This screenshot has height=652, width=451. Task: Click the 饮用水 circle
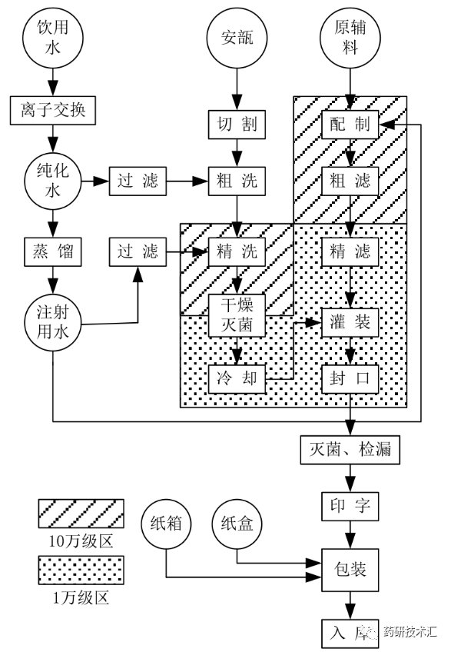pos(53,38)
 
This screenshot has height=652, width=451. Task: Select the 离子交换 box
pos(53,111)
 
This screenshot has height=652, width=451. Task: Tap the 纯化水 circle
pos(53,181)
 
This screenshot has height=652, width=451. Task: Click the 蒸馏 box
pos(53,252)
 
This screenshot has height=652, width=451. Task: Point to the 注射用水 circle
pos(53,323)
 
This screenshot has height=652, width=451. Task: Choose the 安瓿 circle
pos(237,38)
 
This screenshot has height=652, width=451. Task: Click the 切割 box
pos(237,125)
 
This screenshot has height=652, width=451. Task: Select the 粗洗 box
pos(237,181)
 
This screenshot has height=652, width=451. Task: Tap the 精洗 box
pos(237,252)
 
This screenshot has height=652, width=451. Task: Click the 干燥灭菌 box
pos(237,315)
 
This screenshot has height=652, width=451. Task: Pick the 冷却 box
pos(237,379)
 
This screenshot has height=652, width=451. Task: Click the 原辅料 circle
pos(350,38)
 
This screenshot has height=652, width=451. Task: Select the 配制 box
pos(350,125)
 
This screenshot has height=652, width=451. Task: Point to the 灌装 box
pos(350,323)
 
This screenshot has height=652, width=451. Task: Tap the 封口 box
pos(350,379)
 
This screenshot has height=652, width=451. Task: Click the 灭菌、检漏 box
pos(350,450)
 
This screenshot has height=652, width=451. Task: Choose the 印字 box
pos(350,507)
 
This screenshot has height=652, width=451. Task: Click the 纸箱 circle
pos(166,524)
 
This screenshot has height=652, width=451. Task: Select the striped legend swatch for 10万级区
pos(81,513)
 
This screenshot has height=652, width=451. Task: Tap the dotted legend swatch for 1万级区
pos(81,570)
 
